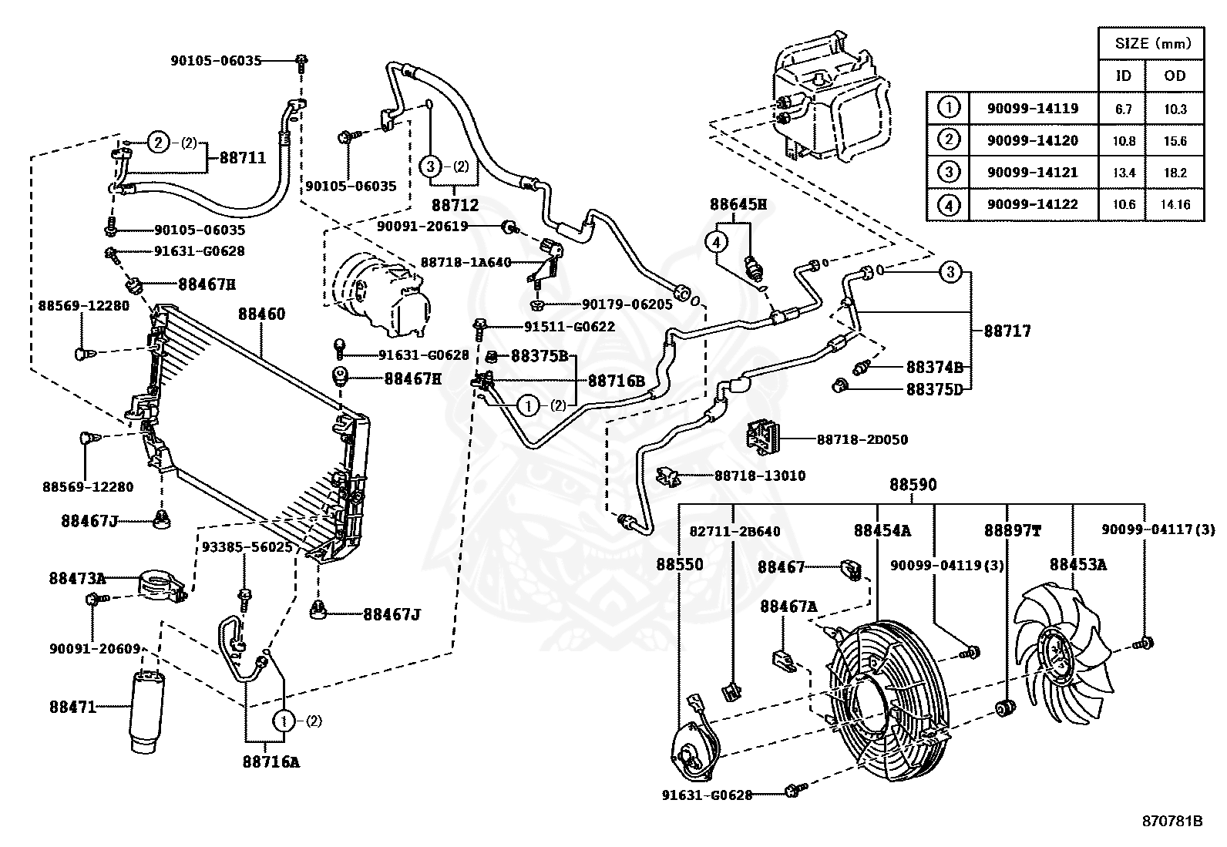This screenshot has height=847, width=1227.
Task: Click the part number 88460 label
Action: coord(261,314)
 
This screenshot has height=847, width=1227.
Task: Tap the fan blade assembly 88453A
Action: coord(1063,656)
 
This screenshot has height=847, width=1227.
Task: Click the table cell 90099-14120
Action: coord(1033,141)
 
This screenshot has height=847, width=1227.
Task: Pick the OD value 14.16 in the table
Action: coord(1175,204)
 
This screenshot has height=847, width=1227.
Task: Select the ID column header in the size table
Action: coord(1123,76)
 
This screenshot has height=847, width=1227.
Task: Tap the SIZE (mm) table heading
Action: coord(1153,43)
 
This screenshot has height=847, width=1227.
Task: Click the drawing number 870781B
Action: coord(1172,822)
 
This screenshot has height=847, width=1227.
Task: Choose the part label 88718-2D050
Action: coord(862,439)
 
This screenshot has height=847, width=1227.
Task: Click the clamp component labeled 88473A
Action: coord(160,587)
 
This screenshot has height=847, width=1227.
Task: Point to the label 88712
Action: coord(456,205)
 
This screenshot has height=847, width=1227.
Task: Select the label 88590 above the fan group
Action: coord(913,485)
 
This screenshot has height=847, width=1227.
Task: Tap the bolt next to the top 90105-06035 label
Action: coord(301,63)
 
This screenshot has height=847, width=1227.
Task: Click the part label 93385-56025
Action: coord(247,546)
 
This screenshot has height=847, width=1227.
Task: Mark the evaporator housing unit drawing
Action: coord(830,99)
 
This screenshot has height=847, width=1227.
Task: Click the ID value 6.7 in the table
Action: coord(1123,109)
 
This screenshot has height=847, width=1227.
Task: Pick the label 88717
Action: coord(1007,331)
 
